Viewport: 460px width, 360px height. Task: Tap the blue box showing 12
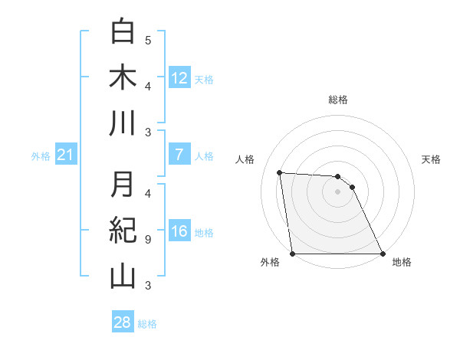pyautogui.click(x=179, y=77)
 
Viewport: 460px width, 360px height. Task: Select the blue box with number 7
pyautogui.click(x=179, y=155)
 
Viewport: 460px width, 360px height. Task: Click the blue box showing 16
pyautogui.click(x=179, y=231)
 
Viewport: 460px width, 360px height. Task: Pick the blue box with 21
pyautogui.click(x=65, y=155)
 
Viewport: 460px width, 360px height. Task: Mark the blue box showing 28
pyautogui.click(x=122, y=322)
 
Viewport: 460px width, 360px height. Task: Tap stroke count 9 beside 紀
pyautogui.click(x=148, y=240)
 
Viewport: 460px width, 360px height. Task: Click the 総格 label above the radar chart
pyautogui.click(x=337, y=100)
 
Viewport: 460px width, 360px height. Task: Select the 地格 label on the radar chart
pyautogui.click(x=402, y=262)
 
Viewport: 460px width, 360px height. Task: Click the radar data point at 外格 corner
pyautogui.click(x=293, y=254)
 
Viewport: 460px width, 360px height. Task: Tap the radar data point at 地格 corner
pyautogui.click(x=382, y=254)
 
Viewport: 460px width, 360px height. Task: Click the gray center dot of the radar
pyautogui.click(x=337, y=191)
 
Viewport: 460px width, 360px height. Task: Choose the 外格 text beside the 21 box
pyautogui.click(x=41, y=156)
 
